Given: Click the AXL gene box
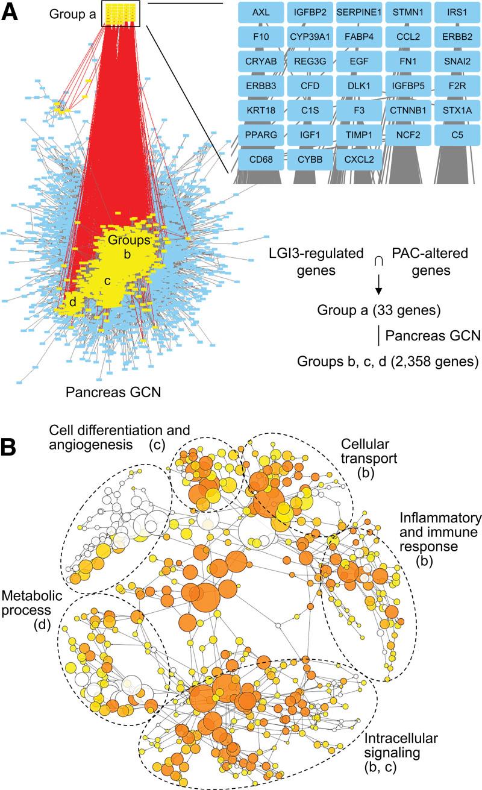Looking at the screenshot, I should click(x=260, y=11).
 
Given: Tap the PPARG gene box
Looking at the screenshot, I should click(x=260, y=134).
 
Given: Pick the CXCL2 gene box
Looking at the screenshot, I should click(x=357, y=160).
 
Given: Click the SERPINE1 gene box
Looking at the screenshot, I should click(x=357, y=11).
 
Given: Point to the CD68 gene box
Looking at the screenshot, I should click(x=260, y=160).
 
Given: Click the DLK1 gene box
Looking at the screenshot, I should click(x=357, y=86).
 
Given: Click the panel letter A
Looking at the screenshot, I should click(x=10, y=13).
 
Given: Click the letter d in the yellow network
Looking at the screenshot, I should click(x=72, y=303).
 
